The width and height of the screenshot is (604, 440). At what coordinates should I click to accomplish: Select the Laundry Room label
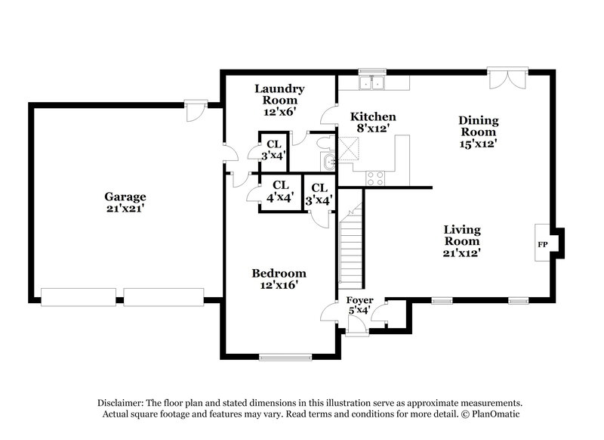click(279, 93)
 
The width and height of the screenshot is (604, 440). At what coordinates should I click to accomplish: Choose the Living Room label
click(462, 235)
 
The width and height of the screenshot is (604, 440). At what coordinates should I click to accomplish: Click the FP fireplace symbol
click(542, 245)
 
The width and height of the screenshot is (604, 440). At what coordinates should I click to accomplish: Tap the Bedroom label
click(279, 273)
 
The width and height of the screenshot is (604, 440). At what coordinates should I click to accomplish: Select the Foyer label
click(359, 300)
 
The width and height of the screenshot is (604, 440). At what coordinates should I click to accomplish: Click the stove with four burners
click(375, 178)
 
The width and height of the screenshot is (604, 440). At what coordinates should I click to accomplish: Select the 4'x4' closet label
click(280, 191)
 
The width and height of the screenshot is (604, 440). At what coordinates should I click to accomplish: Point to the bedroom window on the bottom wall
click(285, 356)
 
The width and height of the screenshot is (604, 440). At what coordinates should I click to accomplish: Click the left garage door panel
click(79, 296)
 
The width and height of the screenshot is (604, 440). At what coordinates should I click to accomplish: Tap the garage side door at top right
click(196, 110)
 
